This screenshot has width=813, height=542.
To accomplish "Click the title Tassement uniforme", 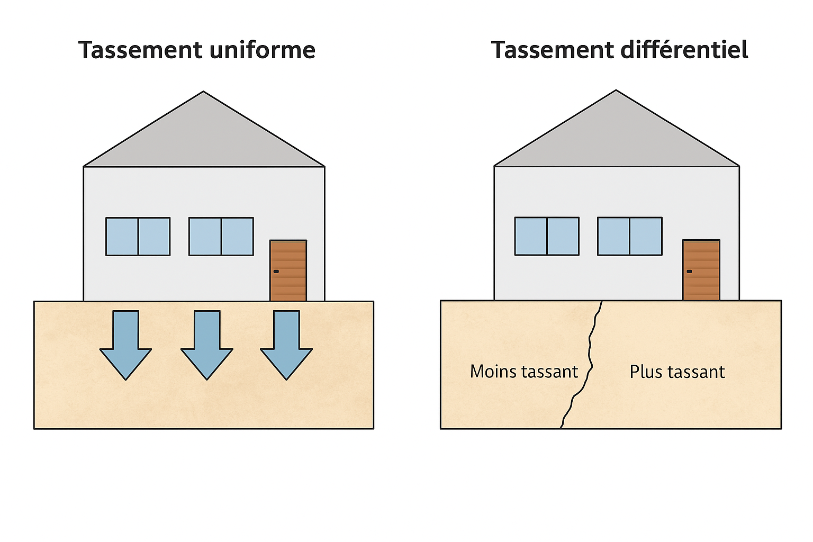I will (x=197, y=50).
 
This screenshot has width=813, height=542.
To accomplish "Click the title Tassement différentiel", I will (x=619, y=50).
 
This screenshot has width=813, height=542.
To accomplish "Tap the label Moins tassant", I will (x=523, y=372).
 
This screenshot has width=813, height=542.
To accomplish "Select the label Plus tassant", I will (x=677, y=372).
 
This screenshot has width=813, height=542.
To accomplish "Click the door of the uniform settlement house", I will (x=288, y=270).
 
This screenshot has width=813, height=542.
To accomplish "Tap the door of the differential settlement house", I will (x=701, y=270).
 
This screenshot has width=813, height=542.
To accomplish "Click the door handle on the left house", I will (x=276, y=272).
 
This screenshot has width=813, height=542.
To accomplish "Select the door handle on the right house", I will (x=689, y=272).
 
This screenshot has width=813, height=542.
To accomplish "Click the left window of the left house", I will (x=138, y=237).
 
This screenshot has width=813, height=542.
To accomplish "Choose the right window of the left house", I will (x=221, y=237).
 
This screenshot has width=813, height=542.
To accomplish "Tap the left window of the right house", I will (x=547, y=236).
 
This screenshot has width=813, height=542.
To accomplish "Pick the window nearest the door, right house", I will (x=630, y=236).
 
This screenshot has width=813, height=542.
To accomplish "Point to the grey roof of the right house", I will (x=616, y=138).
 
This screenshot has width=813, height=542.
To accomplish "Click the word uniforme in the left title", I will (x=263, y=50).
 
